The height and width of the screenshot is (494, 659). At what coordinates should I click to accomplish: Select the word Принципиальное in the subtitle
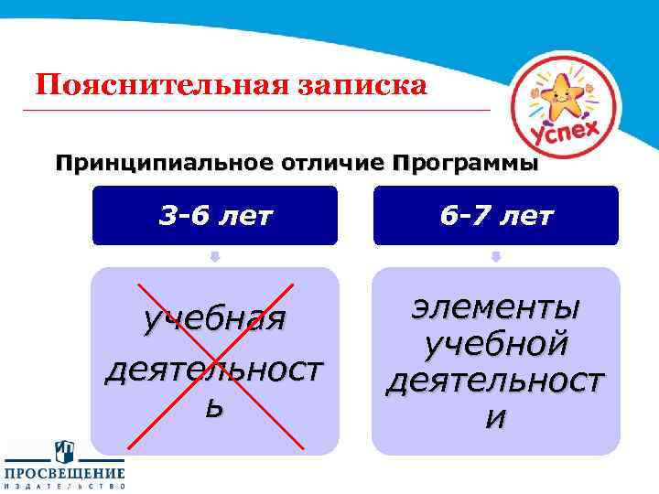pyautogui.click(x=148, y=165)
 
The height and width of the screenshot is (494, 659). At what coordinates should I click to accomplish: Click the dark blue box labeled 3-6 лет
pyautogui.click(x=215, y=216)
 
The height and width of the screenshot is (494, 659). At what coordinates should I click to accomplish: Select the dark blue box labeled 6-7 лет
pyautogui.click(x=495, y=216)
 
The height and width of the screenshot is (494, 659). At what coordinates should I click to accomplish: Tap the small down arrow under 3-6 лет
pyautogui.click(x=215, y=257)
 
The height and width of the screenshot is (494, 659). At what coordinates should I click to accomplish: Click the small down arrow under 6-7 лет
pyautogui.click(x=495, y=257)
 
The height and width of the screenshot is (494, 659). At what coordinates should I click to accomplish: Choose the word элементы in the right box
pyautogui.click(x=495, y=306)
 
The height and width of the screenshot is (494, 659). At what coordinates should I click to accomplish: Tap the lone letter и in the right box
pyautogui.click(x=495, y=419)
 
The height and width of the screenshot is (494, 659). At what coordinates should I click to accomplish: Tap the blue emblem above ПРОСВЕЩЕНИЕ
pyautogui.click(x=64, y=449)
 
